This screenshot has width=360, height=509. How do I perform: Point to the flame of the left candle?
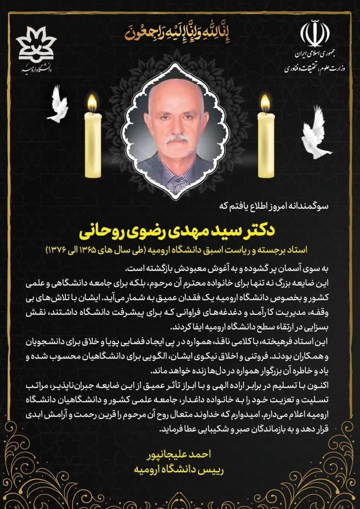92,103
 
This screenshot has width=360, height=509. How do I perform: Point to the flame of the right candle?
265,103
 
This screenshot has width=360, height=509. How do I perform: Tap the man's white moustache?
176,140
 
